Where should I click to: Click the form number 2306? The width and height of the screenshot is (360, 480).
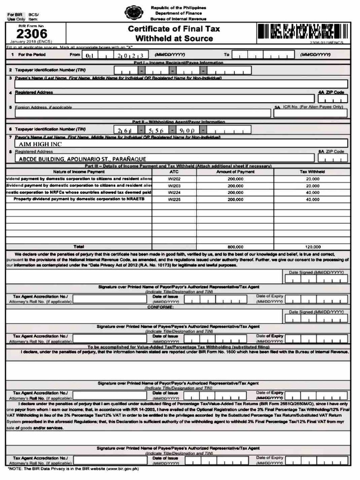[x=32, y=34]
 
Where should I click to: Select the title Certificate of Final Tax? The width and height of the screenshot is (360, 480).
[x=174, y=29]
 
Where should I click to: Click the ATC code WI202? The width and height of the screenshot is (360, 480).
[x=174, y=179]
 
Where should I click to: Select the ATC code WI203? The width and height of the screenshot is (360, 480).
[x=174, y=186]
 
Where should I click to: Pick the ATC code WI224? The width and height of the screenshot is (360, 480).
[x=174, y=192]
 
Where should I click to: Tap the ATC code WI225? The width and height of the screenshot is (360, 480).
[x=174, y=199]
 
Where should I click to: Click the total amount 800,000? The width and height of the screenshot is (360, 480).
[x=235, y=247]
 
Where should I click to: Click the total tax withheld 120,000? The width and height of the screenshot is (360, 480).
[x=313, y=247]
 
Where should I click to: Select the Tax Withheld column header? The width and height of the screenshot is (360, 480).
[x=313, y=172]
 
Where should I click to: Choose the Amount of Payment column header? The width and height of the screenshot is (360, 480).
[x=235, y=172]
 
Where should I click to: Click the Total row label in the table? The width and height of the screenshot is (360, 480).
[x=79, y=246]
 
